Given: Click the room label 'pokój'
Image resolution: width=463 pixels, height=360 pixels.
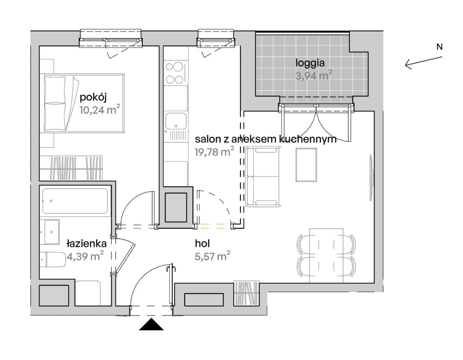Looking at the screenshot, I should click(93, 97).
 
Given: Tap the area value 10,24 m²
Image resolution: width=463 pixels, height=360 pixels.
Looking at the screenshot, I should click(99, 109).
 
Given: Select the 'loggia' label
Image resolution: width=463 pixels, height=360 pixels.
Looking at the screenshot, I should click(310, 63).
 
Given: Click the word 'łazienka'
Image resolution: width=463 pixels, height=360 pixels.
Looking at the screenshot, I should click(86, 244).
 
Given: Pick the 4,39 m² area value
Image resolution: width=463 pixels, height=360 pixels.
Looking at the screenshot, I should click(85, 256).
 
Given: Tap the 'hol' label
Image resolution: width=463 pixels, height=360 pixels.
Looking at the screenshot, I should click(202, 244).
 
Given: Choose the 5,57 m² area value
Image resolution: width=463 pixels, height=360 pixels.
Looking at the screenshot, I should click(212, 256).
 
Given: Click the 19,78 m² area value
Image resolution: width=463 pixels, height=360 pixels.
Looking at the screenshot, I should click(214, 151).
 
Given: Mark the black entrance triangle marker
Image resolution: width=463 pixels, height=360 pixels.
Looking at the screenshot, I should click(151, 325).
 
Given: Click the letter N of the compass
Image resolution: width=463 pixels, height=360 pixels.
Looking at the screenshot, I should click(439, 47).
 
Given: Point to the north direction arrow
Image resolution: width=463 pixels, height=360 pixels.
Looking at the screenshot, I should click(424, 63).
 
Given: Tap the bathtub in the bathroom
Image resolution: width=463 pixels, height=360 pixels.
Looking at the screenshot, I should click(75, 201).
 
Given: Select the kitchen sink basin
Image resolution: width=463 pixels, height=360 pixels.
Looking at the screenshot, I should click(176, 121).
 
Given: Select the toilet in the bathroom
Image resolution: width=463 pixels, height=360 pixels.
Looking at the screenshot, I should click(54, 260).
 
